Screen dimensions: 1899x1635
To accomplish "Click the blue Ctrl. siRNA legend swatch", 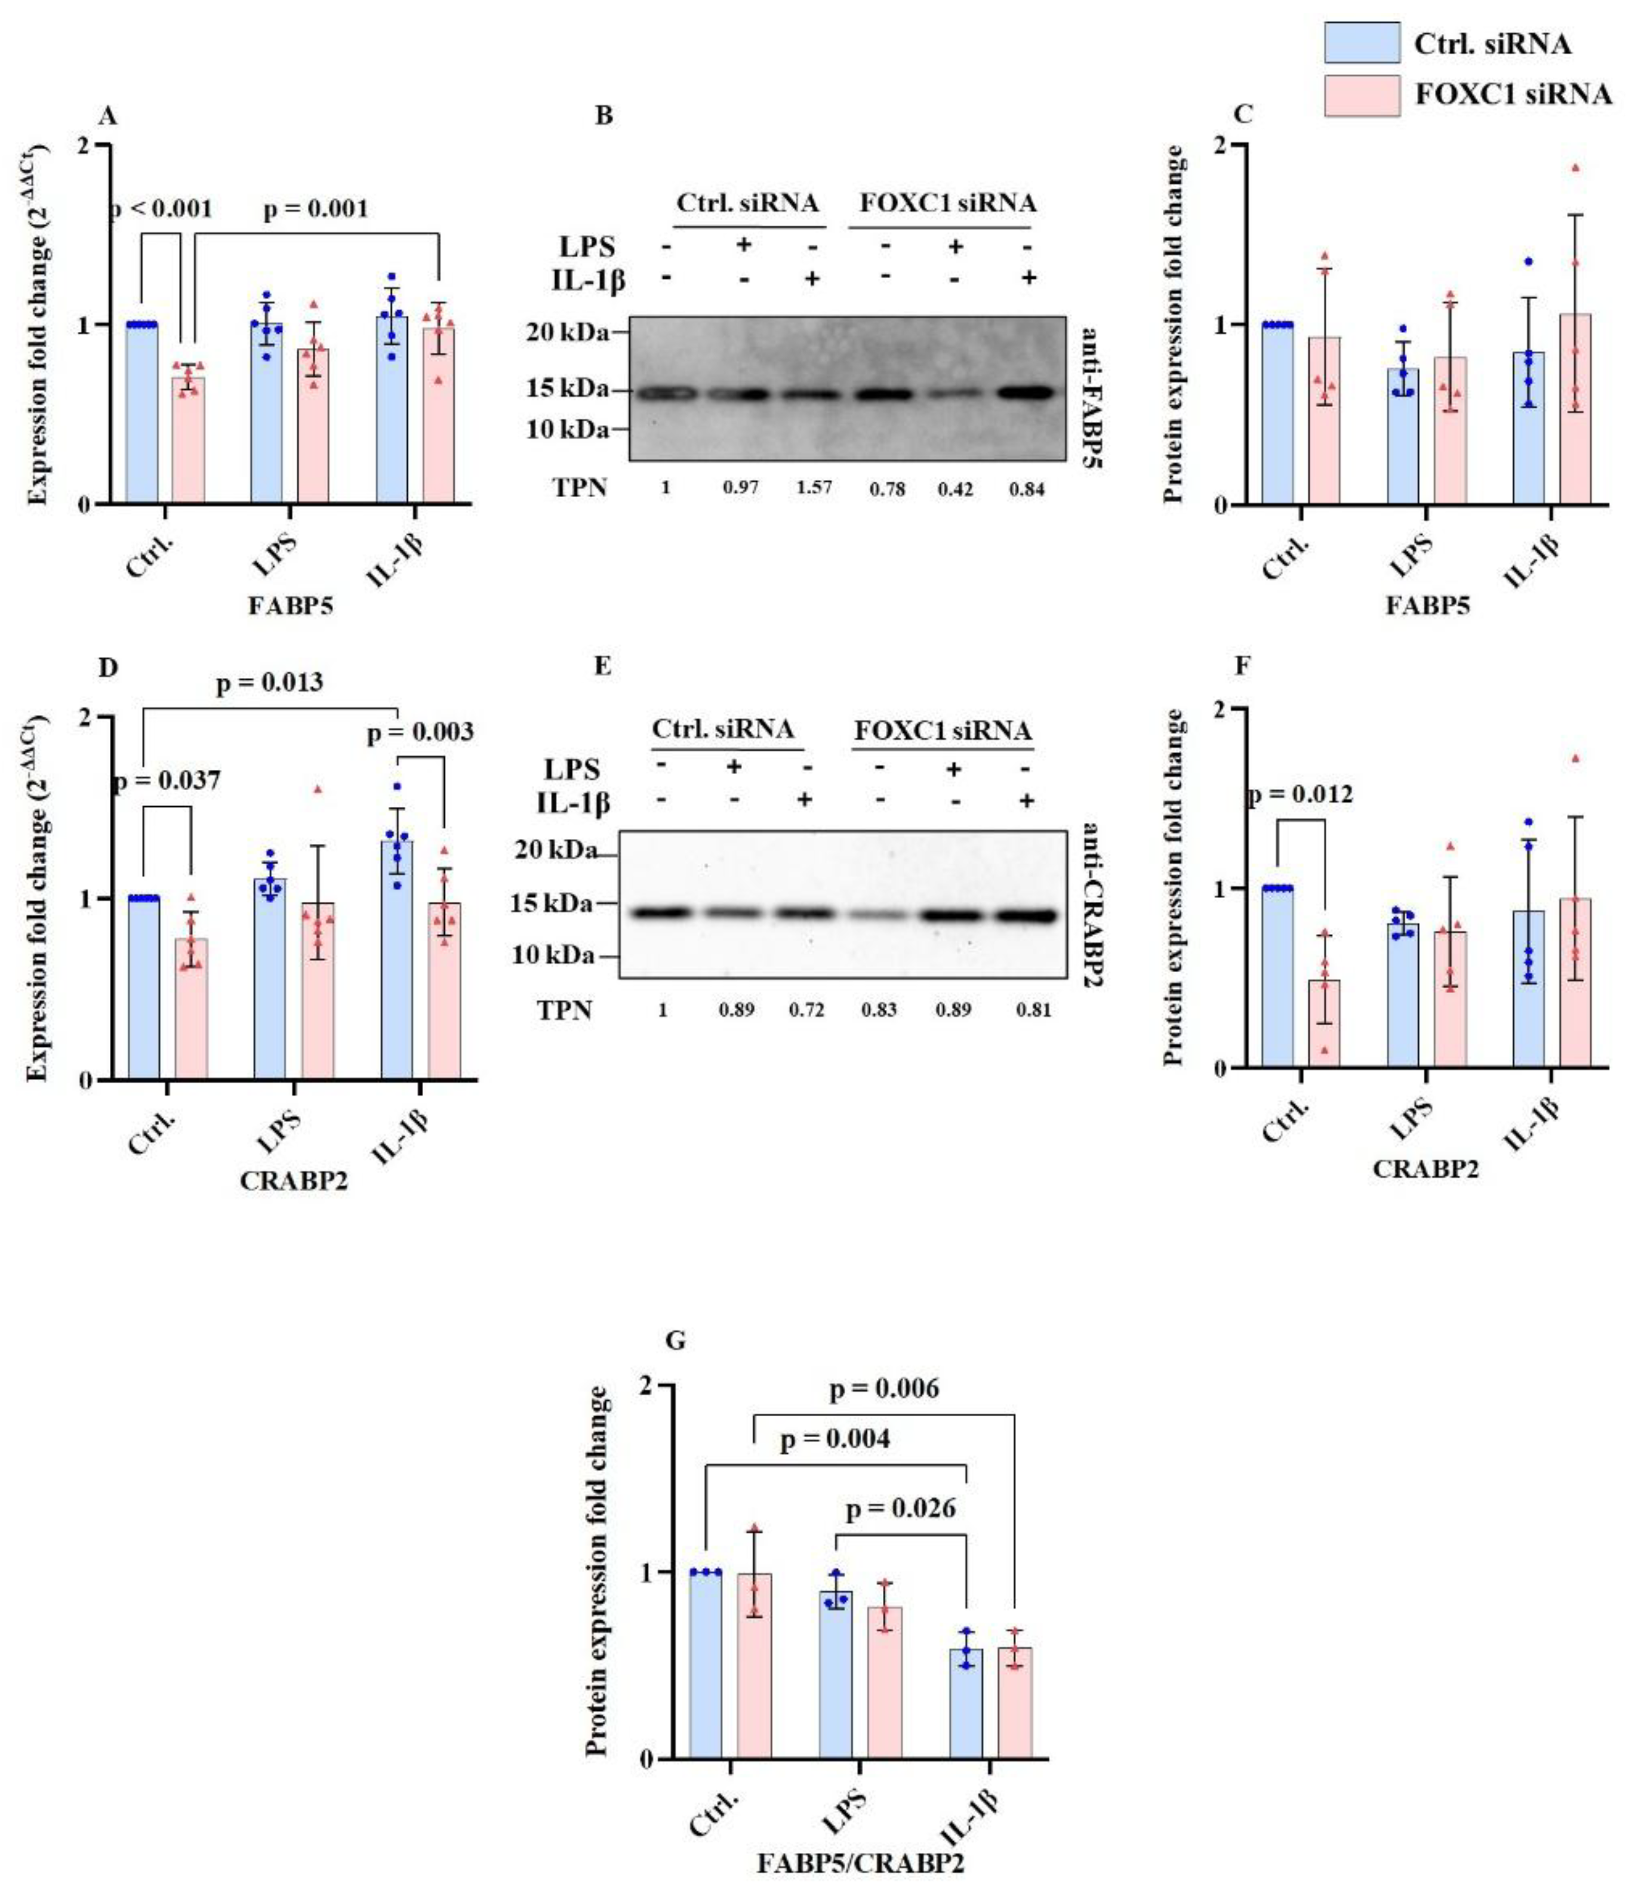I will pos(1361,43).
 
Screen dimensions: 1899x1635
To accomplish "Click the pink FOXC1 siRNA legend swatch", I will pos(1361,95).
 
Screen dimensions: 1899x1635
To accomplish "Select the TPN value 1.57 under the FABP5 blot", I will pos(814,486).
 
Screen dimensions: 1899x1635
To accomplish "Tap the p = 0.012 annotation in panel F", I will pos(1300,794).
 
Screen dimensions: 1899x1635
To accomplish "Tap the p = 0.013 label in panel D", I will pos(269,683).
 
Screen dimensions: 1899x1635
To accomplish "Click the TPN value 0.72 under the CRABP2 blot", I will pos(806,1010).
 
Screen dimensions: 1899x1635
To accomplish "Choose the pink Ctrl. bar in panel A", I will pos(188,440).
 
